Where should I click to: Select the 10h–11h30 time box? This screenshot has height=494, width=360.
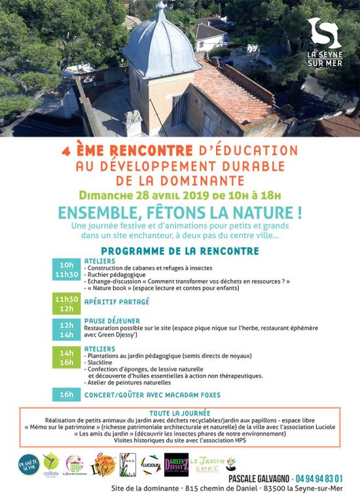tap(66, 270)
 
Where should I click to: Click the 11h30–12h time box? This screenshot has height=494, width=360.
tap(66, 302)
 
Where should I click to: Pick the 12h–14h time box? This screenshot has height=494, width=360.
tap(66, 329)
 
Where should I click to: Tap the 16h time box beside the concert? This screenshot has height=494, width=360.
tap(66, 395)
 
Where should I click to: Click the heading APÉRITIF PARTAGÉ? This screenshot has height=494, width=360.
tap(117, 302)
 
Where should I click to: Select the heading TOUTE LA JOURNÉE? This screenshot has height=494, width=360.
tap(179, 414)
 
